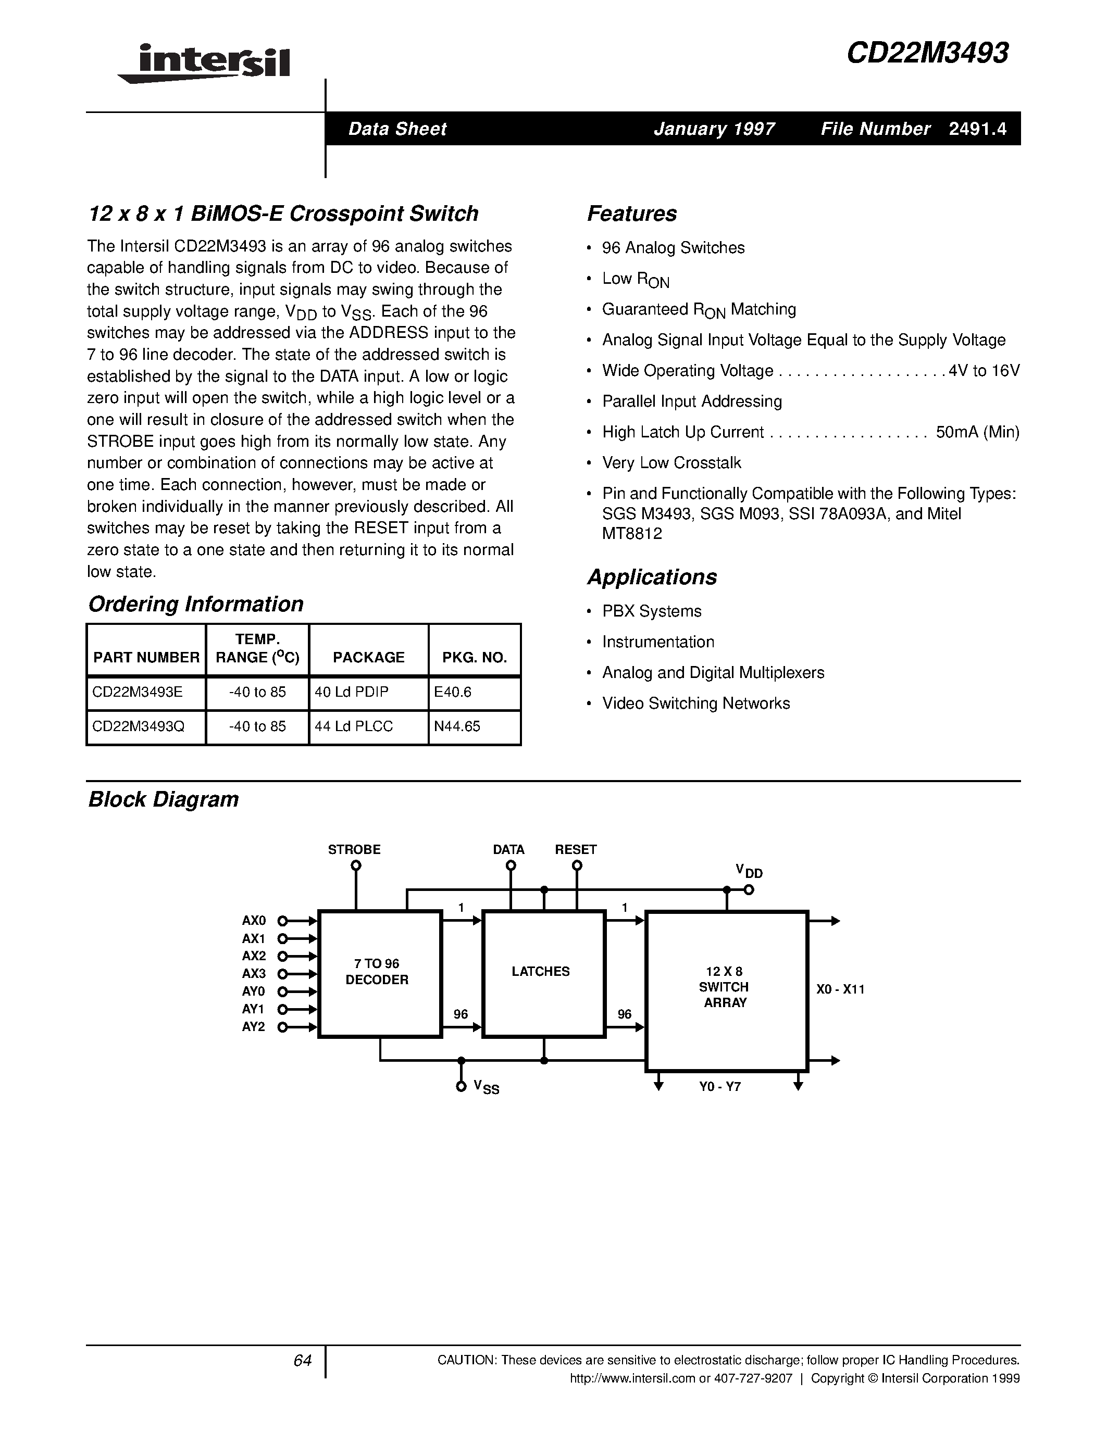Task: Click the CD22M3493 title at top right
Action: tap(927, 53)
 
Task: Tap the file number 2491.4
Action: tap(977, 129)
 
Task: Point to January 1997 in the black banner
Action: tap(714, 129)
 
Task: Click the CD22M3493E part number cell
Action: tap(138, 693)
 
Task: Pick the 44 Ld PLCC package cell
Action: tap(354, 726)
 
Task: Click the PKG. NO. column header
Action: tap(474, 658)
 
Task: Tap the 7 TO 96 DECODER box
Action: tap(380, 974)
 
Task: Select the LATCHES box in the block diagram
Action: tap(543, 973)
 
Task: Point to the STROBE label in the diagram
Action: tap(354, 850)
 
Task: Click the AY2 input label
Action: tap(254, 1027)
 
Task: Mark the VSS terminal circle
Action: tap(461, 1088)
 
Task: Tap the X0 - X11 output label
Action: tap(840, 989)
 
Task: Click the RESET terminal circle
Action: tap(577, 865)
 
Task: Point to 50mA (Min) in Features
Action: tap(977, 432)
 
